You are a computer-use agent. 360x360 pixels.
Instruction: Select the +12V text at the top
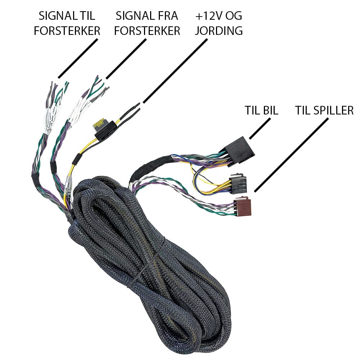tap(208, 16)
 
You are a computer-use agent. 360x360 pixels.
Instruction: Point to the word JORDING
tap(219, 31)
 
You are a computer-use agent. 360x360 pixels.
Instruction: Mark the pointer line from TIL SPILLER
tap(291, 155)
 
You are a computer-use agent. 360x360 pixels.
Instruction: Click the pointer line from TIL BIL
tap(260, 129)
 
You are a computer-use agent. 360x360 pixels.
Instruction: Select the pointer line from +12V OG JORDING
tap(175, 71)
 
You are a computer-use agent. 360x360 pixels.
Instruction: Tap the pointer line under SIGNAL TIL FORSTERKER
tap(78, 59)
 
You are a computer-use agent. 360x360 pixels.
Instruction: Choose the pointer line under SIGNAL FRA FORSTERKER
tap(126, 59)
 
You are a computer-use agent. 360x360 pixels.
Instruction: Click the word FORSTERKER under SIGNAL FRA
tap(147, 31)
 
